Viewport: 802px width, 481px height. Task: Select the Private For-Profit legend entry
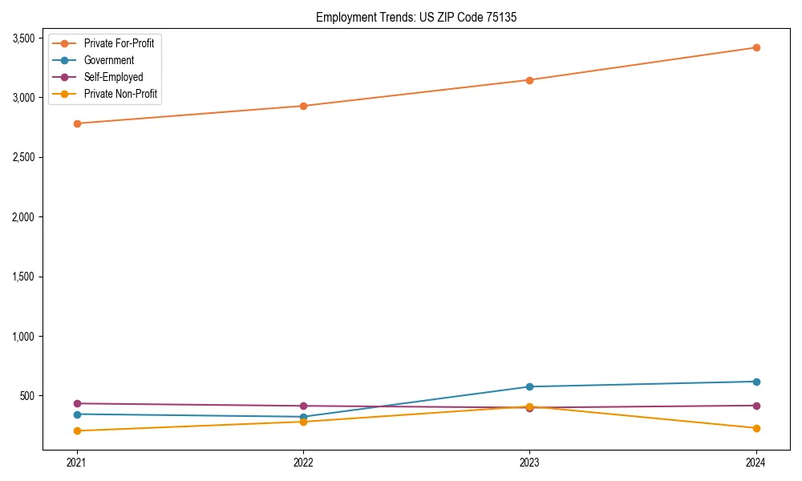[119, 43]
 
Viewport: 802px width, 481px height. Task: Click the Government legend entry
[108, 60]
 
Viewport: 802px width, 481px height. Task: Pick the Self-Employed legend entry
[113, 77]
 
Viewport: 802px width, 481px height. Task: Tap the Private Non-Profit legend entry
[120, 94]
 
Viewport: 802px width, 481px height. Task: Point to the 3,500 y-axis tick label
[22, 38]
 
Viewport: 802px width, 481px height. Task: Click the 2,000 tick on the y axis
[22, 217]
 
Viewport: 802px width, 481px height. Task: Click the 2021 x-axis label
[77, 462]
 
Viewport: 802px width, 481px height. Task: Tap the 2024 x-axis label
[756, 462]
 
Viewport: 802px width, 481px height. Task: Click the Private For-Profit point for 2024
[756, 47]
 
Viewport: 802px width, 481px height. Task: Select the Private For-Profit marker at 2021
[77, 123]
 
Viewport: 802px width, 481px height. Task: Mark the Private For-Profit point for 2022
[303, 106]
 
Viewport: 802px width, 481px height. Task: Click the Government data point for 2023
[529, 386]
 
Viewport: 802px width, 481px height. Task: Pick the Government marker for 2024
[756, 382]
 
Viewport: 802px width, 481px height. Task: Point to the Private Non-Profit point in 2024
[756, 428]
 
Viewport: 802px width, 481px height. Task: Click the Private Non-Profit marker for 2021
[77, 430]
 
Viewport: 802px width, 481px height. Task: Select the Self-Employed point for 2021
[77, 403]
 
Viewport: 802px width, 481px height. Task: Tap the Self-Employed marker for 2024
[756, 406]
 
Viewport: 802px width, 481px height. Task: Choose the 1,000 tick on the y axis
[22, 337]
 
